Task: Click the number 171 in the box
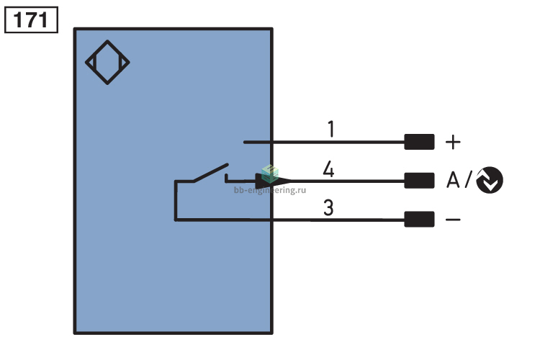(31, 20)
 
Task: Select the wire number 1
(331, 129)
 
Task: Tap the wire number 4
(328, 168)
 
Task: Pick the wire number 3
(328, 207)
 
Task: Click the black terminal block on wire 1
(419, 142)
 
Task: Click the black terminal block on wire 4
(419, 181)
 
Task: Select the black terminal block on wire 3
(419, 219)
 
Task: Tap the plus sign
(453, 142)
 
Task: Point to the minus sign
(453, 220)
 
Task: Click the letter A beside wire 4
(453, 180)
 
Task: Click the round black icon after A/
(490, 180)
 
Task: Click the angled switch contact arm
(211, 173)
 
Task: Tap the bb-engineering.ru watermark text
(270, 190)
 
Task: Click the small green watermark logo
(270, 174)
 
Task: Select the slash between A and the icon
(469, 180)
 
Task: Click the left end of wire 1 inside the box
(245, 142)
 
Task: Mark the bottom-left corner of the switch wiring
(176, 220)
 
